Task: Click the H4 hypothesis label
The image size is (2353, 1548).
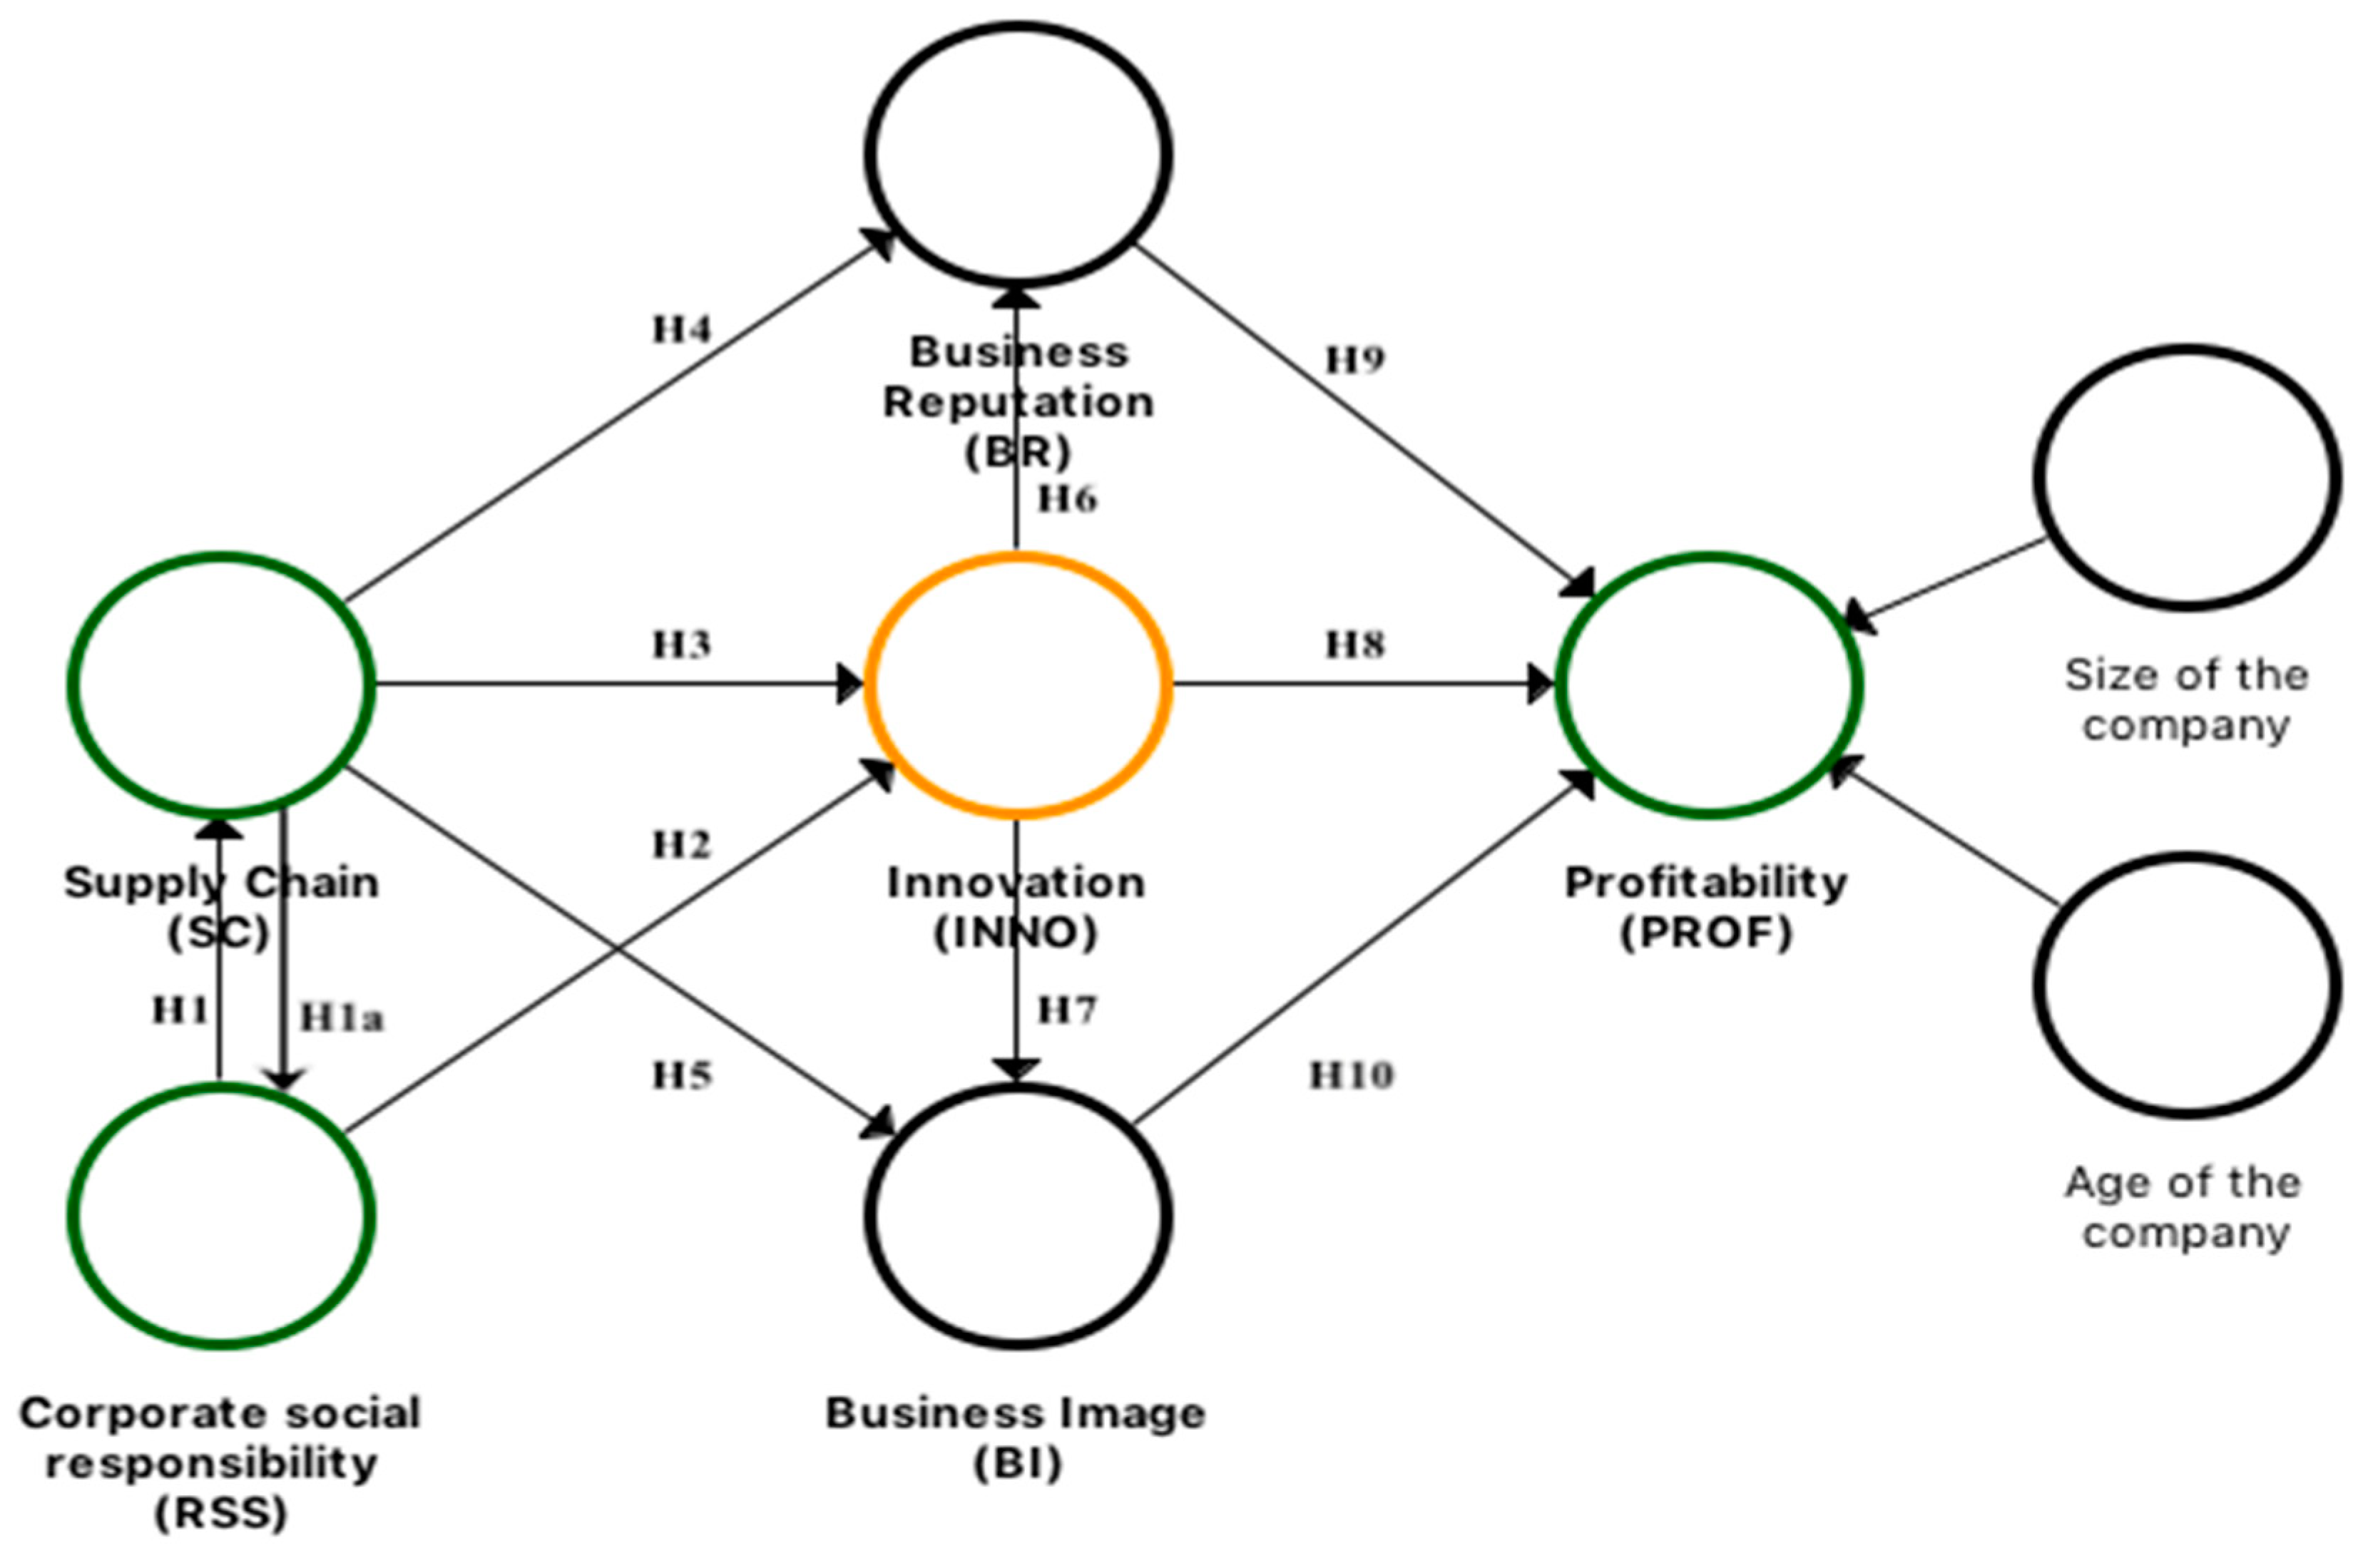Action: click(x=681, y=329)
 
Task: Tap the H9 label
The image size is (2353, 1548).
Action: click(x=1354, y=361)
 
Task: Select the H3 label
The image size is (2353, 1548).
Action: click(x=681, y=645)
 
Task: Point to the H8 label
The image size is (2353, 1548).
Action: click(x=1355, y=645)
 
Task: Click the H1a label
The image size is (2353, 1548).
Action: click(x=341, y=1018)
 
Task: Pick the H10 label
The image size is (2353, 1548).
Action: click(x=1352, y=1075)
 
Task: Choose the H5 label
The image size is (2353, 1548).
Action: click(x=681, y=1075)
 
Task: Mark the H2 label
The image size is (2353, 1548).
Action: click(x=681, y=845)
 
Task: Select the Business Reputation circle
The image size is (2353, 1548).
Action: click(x=1017, y=153)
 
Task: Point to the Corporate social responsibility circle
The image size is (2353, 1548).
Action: click(x=220, y=1215)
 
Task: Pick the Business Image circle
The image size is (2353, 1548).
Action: click(x=1017, y=1215)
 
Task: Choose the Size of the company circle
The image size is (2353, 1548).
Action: click(x=2186, y=478)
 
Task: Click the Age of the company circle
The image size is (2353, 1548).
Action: click(x=2186, y=985)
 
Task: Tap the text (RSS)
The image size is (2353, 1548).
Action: click(x=220, y=1512)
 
